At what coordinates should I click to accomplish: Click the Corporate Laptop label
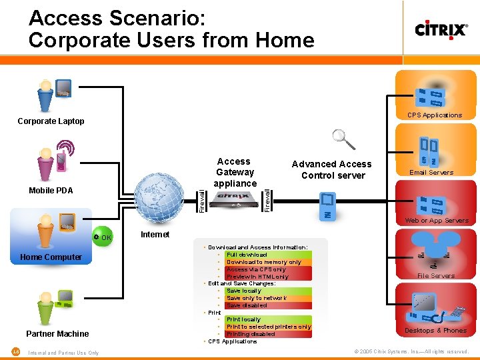51,121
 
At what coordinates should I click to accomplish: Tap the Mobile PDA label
51,191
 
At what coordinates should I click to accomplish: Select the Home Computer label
51,257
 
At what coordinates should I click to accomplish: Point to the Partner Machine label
57,333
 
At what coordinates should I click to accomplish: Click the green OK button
103,237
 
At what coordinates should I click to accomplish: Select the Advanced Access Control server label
331,169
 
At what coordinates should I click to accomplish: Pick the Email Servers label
431,173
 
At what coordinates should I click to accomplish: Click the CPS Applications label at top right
435,115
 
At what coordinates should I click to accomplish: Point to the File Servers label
436,275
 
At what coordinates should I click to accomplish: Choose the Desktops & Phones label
436,331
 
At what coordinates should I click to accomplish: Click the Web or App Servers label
437,221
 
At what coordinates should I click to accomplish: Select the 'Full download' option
247,255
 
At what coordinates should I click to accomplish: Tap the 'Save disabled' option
247,305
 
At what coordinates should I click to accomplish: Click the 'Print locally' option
243,319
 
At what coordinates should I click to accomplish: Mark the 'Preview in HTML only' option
257,277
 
